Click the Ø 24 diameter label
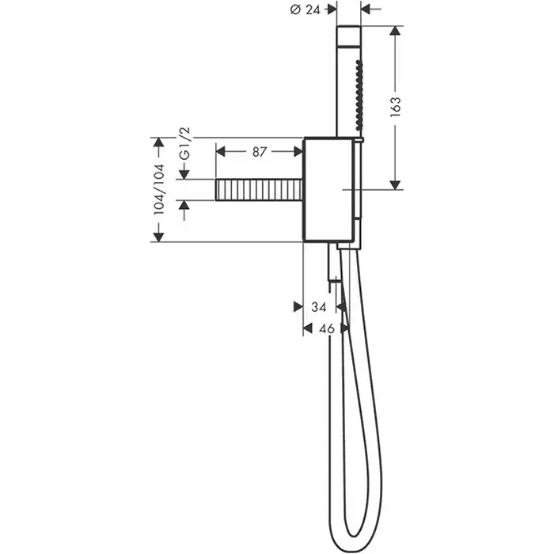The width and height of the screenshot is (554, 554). point(305,9)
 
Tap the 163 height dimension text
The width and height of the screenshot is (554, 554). point(396,107)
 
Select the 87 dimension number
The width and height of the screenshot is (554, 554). point(259,152)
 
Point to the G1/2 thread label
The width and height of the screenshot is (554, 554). point(184,145)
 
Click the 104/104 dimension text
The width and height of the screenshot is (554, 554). point(158,189)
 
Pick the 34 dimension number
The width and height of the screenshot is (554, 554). point(319,307)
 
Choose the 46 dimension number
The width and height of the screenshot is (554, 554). point(326,328)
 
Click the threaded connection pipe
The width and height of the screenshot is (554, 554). point(259,190)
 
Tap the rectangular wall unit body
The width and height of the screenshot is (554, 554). point(328,189)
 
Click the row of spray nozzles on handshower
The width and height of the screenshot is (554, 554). point(359,96)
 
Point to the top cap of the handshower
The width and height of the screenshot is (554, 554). point(349,36)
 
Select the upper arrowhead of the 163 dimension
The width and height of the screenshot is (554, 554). point(395,30)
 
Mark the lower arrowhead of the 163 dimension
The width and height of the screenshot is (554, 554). point(395,184)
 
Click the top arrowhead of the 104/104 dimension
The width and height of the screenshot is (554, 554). point(158,142)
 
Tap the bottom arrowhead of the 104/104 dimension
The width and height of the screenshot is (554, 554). point(158,237)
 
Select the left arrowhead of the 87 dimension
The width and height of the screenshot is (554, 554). point(221,152)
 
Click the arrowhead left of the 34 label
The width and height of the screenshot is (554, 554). point(298,307)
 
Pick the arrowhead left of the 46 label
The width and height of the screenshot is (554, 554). point(308,328)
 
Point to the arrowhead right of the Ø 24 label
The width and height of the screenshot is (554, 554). point(332,9)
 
